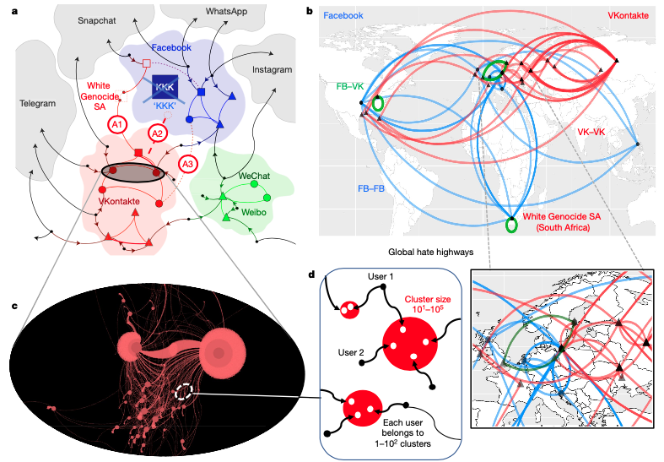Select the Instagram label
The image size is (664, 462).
coord(271,69)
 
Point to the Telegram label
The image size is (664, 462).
coord(37,104)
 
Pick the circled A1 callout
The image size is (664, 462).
coord(118,124)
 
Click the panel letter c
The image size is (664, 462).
coord(14,280)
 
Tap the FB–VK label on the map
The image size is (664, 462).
coord(351,86)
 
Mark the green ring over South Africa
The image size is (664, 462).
coord(510,226)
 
